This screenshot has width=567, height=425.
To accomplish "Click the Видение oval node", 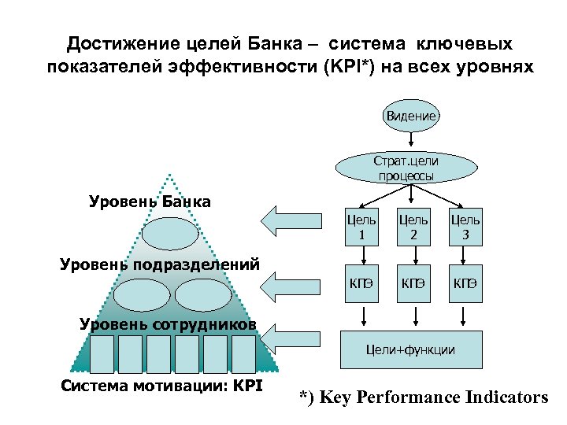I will tap(411, 116).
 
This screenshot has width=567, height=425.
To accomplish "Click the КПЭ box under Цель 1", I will tap(361, 283).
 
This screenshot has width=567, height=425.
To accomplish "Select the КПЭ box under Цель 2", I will tap(413, 283).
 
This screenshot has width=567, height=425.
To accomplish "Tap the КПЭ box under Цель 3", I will tap(465, 283).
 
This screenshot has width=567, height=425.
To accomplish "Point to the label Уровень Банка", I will tap(150, 201).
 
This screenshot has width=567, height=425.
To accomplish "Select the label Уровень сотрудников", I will tap(169, 323).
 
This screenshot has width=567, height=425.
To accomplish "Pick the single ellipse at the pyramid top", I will tap(169, 234).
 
